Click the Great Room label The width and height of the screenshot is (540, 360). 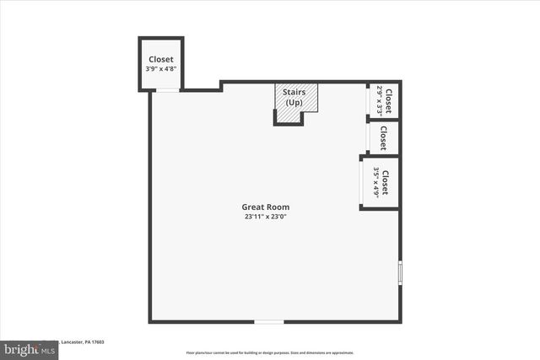click(271, 207)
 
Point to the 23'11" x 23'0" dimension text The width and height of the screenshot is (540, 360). click(271, 217)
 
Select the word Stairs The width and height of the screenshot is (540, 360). click(294, 93)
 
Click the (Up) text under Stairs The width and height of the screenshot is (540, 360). click(294, 102)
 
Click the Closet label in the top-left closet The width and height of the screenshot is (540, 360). click(160, 59)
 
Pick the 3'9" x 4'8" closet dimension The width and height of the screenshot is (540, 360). click(160, 69)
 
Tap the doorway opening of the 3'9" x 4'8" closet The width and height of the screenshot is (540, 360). click(167, 89)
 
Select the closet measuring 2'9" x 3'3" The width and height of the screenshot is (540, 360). click(384, 101)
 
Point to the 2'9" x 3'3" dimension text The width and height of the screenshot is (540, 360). click(379, 101)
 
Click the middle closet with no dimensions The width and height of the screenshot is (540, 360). click(383, 137)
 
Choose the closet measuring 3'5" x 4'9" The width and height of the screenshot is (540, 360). click(381, 182)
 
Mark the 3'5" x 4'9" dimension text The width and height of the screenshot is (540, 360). click(375, 182)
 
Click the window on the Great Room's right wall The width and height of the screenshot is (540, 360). click(400, 274)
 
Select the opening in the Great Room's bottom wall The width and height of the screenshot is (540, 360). click(269, 321)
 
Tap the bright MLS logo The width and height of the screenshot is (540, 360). click(30, 348)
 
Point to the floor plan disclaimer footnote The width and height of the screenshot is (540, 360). click(270, 352)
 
